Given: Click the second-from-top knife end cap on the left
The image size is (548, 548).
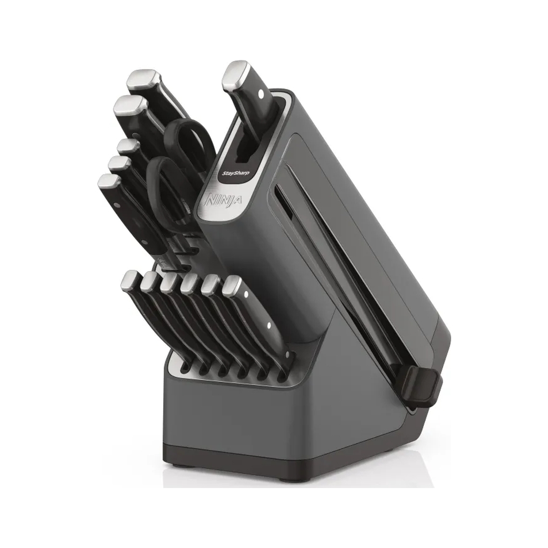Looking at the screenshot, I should pyautogui.click(x=129, y=106).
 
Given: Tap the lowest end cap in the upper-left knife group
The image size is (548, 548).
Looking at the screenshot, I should pyautogui.click(x=110, y=182).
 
